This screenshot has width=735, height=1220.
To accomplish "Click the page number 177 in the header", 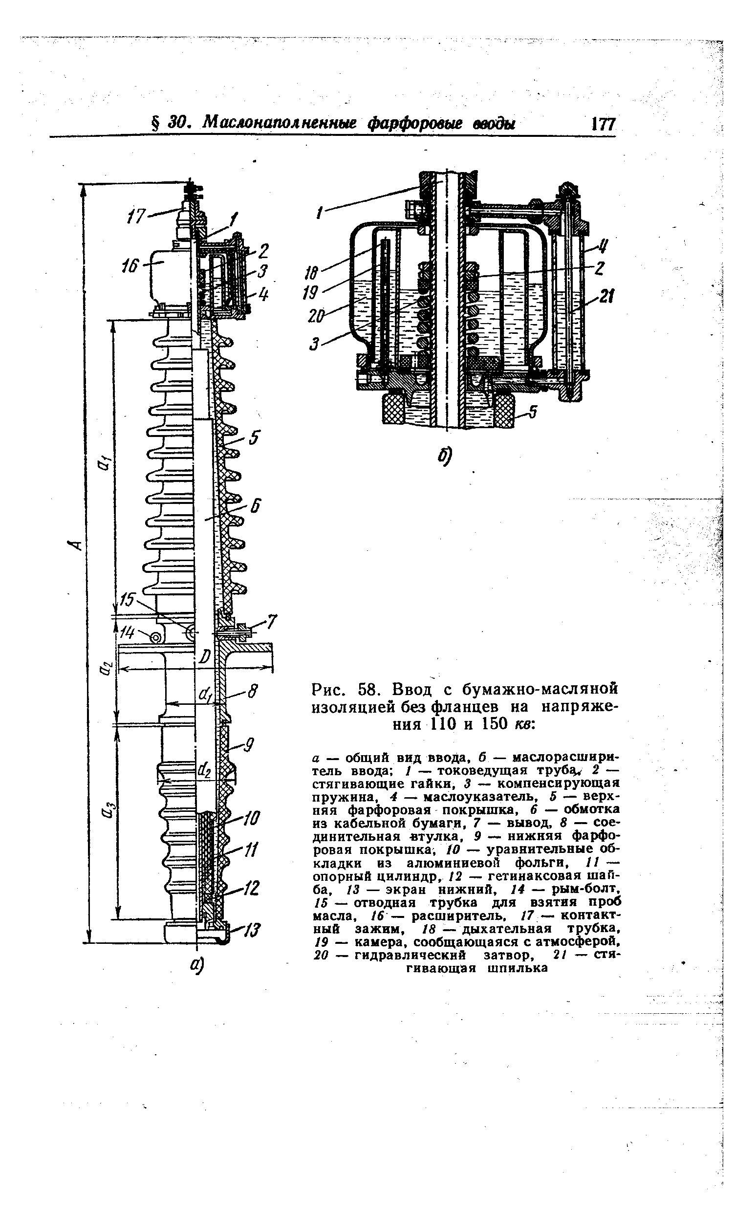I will coord(603,123).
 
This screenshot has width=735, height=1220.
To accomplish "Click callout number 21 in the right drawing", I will coord(605,297).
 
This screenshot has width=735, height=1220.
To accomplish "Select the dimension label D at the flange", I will coord(203,656).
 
